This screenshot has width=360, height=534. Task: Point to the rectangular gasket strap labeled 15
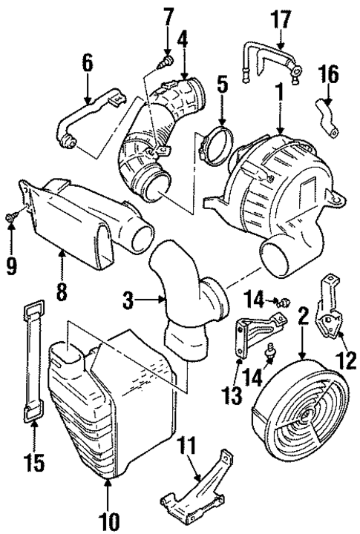click(x=32, y=363)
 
